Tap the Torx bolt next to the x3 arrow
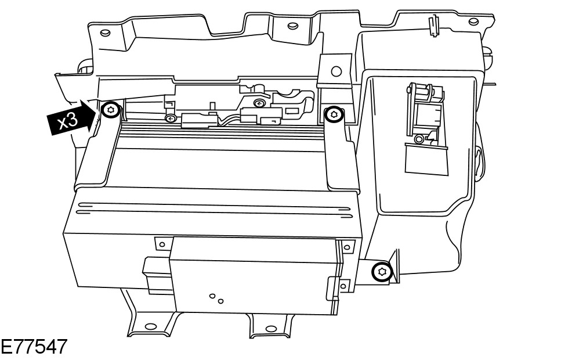pos(111,110)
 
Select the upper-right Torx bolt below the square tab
pos(332,114)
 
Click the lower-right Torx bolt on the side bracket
pos(382,271)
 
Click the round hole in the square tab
pos(335,71)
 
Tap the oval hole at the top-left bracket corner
pos(104,33)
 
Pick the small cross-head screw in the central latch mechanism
pos(258,103)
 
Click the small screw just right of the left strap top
pos(170,118)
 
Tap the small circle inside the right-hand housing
pos(418,139)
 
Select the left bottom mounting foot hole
pos(150,326)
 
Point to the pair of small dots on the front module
pos(217,298)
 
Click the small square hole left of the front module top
pos(162,244)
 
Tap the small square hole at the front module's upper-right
pos(347,248)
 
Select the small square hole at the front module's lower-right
pos(343,286)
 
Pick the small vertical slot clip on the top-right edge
pos(431,23)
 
